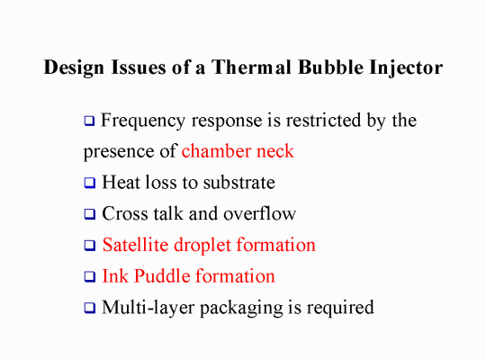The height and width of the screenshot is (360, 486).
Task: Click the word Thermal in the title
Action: point(251,67)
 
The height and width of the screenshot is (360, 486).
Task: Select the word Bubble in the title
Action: point(330,67)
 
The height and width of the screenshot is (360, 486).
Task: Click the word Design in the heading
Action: point(74,67)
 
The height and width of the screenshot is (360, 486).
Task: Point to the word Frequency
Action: point(143,121)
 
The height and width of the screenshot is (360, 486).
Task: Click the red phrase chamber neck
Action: point(238,151)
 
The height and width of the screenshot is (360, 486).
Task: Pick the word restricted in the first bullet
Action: point(323,120)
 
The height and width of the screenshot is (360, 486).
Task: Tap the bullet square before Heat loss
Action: point(90,183)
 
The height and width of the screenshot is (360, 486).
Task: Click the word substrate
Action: point(239,182)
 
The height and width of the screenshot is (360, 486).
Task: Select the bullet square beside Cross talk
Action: point(90,214)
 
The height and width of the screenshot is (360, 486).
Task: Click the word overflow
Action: point(260,213)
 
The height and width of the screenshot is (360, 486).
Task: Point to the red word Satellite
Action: point(135,245)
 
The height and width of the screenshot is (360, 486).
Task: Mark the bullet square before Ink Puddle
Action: point(90,276)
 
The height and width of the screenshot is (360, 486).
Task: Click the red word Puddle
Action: point(162,275)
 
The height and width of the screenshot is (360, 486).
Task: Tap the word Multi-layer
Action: point(148,308)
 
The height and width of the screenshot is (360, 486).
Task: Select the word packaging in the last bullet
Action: point(241,308)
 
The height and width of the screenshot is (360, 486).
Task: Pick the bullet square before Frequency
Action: point(89,121)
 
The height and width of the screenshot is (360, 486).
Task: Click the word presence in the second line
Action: point(119,152)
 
